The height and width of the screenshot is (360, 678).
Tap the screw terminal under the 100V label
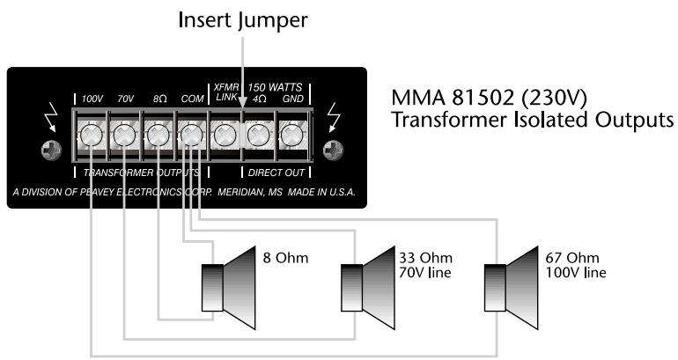tap(92, 136)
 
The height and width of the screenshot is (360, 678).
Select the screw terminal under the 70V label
tap(124, 136)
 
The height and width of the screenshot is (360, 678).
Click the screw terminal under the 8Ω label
tap(158, 136)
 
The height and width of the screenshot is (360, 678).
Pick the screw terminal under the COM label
tap(191, 136)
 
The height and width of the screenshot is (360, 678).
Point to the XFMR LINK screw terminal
tap(224, 136)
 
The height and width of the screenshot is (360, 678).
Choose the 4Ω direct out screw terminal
tap(257, 136)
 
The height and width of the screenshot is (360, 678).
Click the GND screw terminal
tap(291, 136)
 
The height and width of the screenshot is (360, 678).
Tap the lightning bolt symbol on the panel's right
tap(333, 115)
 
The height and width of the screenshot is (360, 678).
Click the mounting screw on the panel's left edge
tap(51, 150)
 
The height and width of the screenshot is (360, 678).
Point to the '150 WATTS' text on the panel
tap(275, 87)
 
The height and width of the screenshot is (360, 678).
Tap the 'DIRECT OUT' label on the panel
tap(276, 173)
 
